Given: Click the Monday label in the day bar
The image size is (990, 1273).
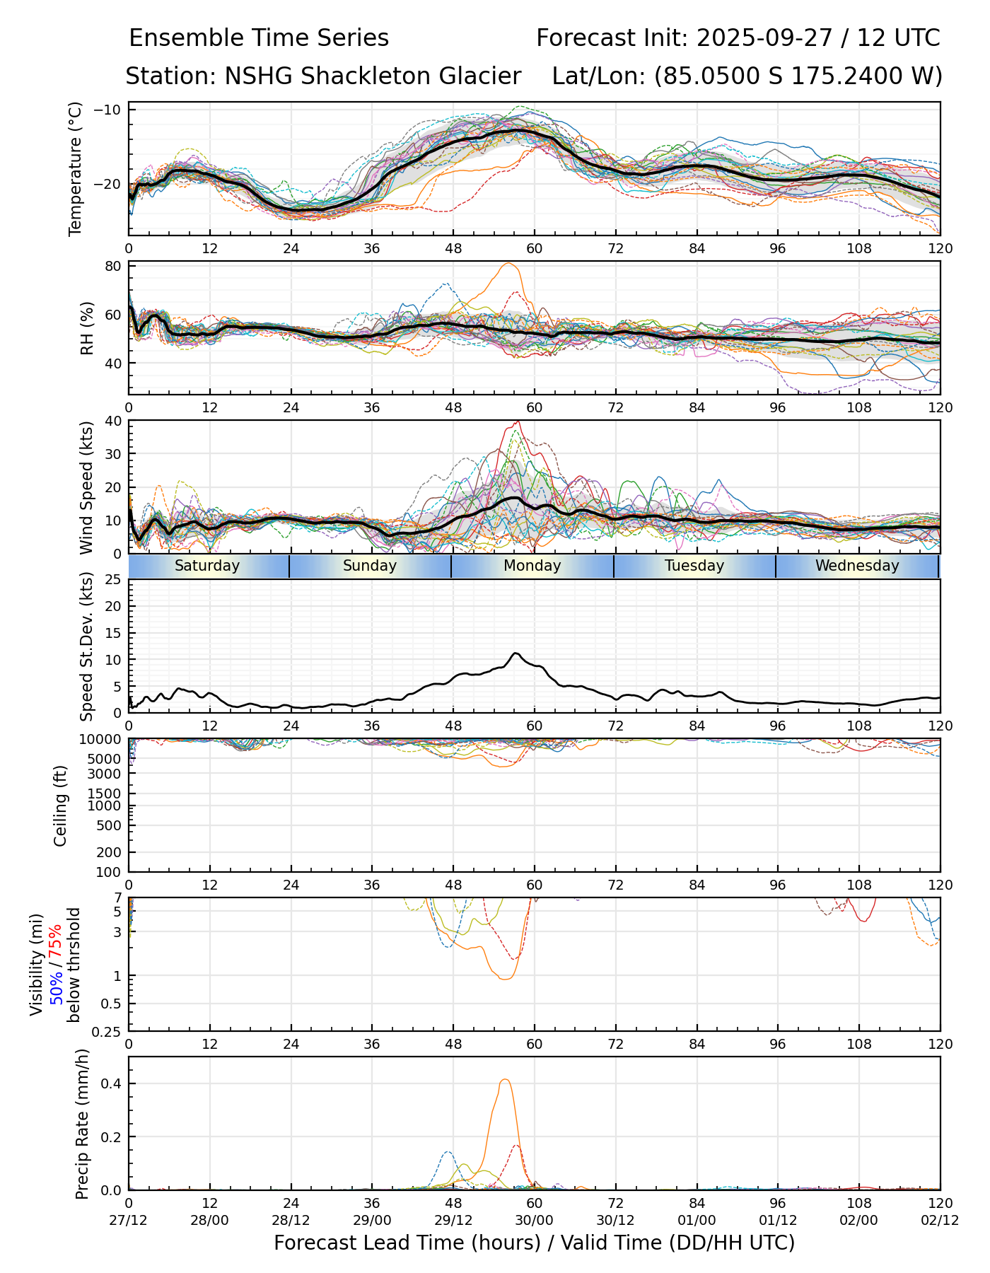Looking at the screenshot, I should click(532, 566).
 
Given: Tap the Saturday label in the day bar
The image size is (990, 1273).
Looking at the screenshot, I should click(207, 566).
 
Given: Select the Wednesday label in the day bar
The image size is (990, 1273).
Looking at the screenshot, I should click(857, 566).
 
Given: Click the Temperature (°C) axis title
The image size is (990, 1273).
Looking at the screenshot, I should click(76, 168).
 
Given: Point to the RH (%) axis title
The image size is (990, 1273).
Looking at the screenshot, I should click(87, 328).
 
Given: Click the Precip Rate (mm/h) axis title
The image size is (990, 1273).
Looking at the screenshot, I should click(83, 1124).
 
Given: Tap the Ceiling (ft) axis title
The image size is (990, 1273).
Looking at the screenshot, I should click(61, 806).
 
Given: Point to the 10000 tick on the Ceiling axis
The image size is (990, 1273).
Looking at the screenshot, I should click(103, 740).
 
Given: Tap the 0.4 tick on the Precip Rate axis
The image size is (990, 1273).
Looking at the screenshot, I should click(112, 1083).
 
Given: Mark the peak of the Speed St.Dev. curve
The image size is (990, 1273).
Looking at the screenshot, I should click(516, 653).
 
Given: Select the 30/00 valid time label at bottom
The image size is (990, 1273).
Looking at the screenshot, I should click(535, 1220).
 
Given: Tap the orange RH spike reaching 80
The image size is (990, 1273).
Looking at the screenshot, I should click(508, 264).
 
